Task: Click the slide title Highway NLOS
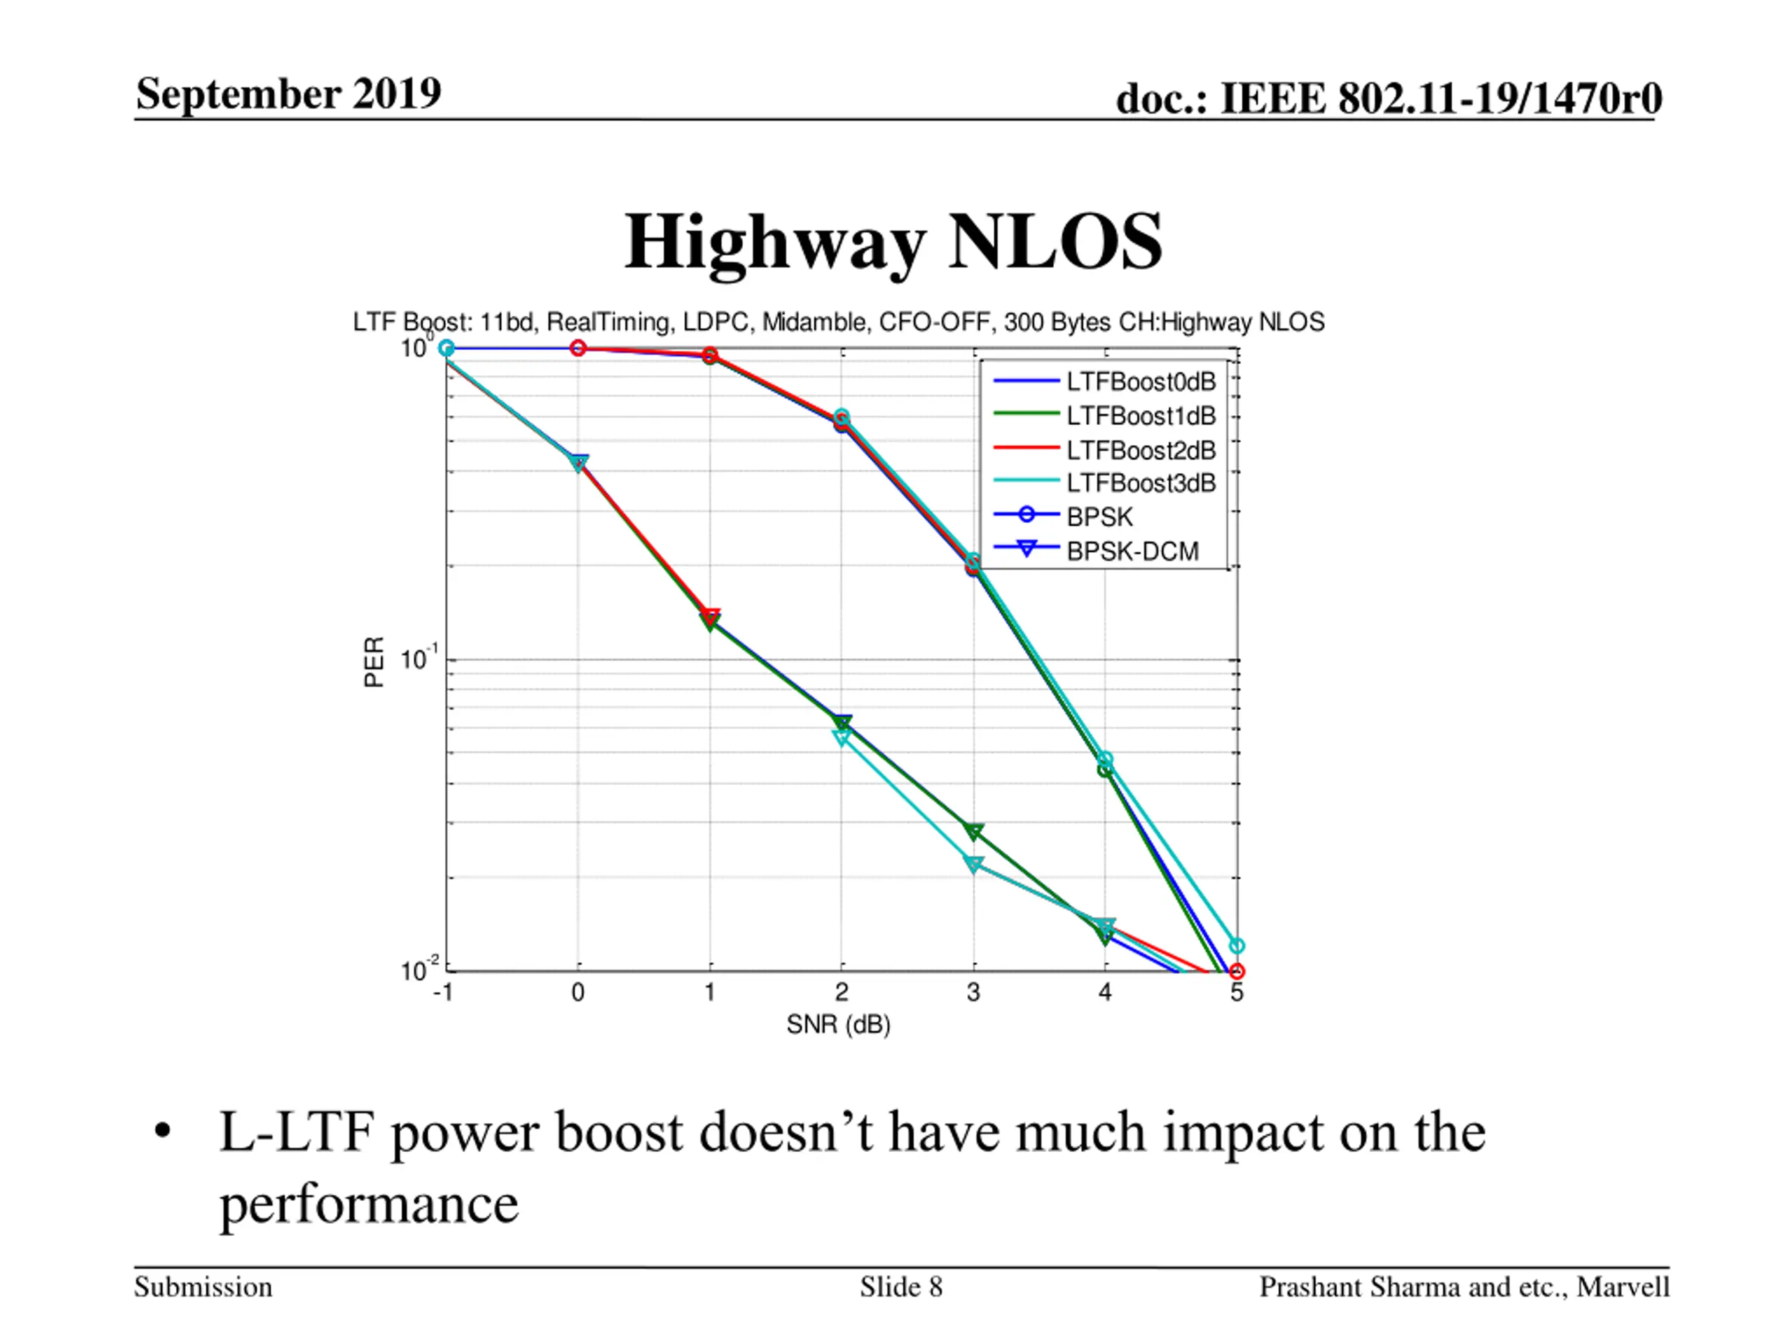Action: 893,242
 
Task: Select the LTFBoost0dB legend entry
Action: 1140,381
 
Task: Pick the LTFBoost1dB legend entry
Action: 1140,416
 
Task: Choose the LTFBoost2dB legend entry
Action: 1140,449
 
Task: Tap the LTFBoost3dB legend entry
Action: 1140,483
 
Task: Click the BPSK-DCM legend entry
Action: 1131,551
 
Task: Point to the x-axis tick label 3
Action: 973,993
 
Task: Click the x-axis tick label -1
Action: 442,993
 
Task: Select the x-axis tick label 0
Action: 577,993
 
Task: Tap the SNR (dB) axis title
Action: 838,1025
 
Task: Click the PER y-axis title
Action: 374,662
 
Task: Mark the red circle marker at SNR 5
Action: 1237,972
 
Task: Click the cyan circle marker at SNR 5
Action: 1237,946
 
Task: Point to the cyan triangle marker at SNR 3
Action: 973,865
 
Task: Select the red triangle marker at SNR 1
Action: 710,616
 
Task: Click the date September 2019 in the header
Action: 289,93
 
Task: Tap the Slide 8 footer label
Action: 901,1287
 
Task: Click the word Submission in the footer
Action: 203,1287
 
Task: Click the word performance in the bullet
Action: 369,1204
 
